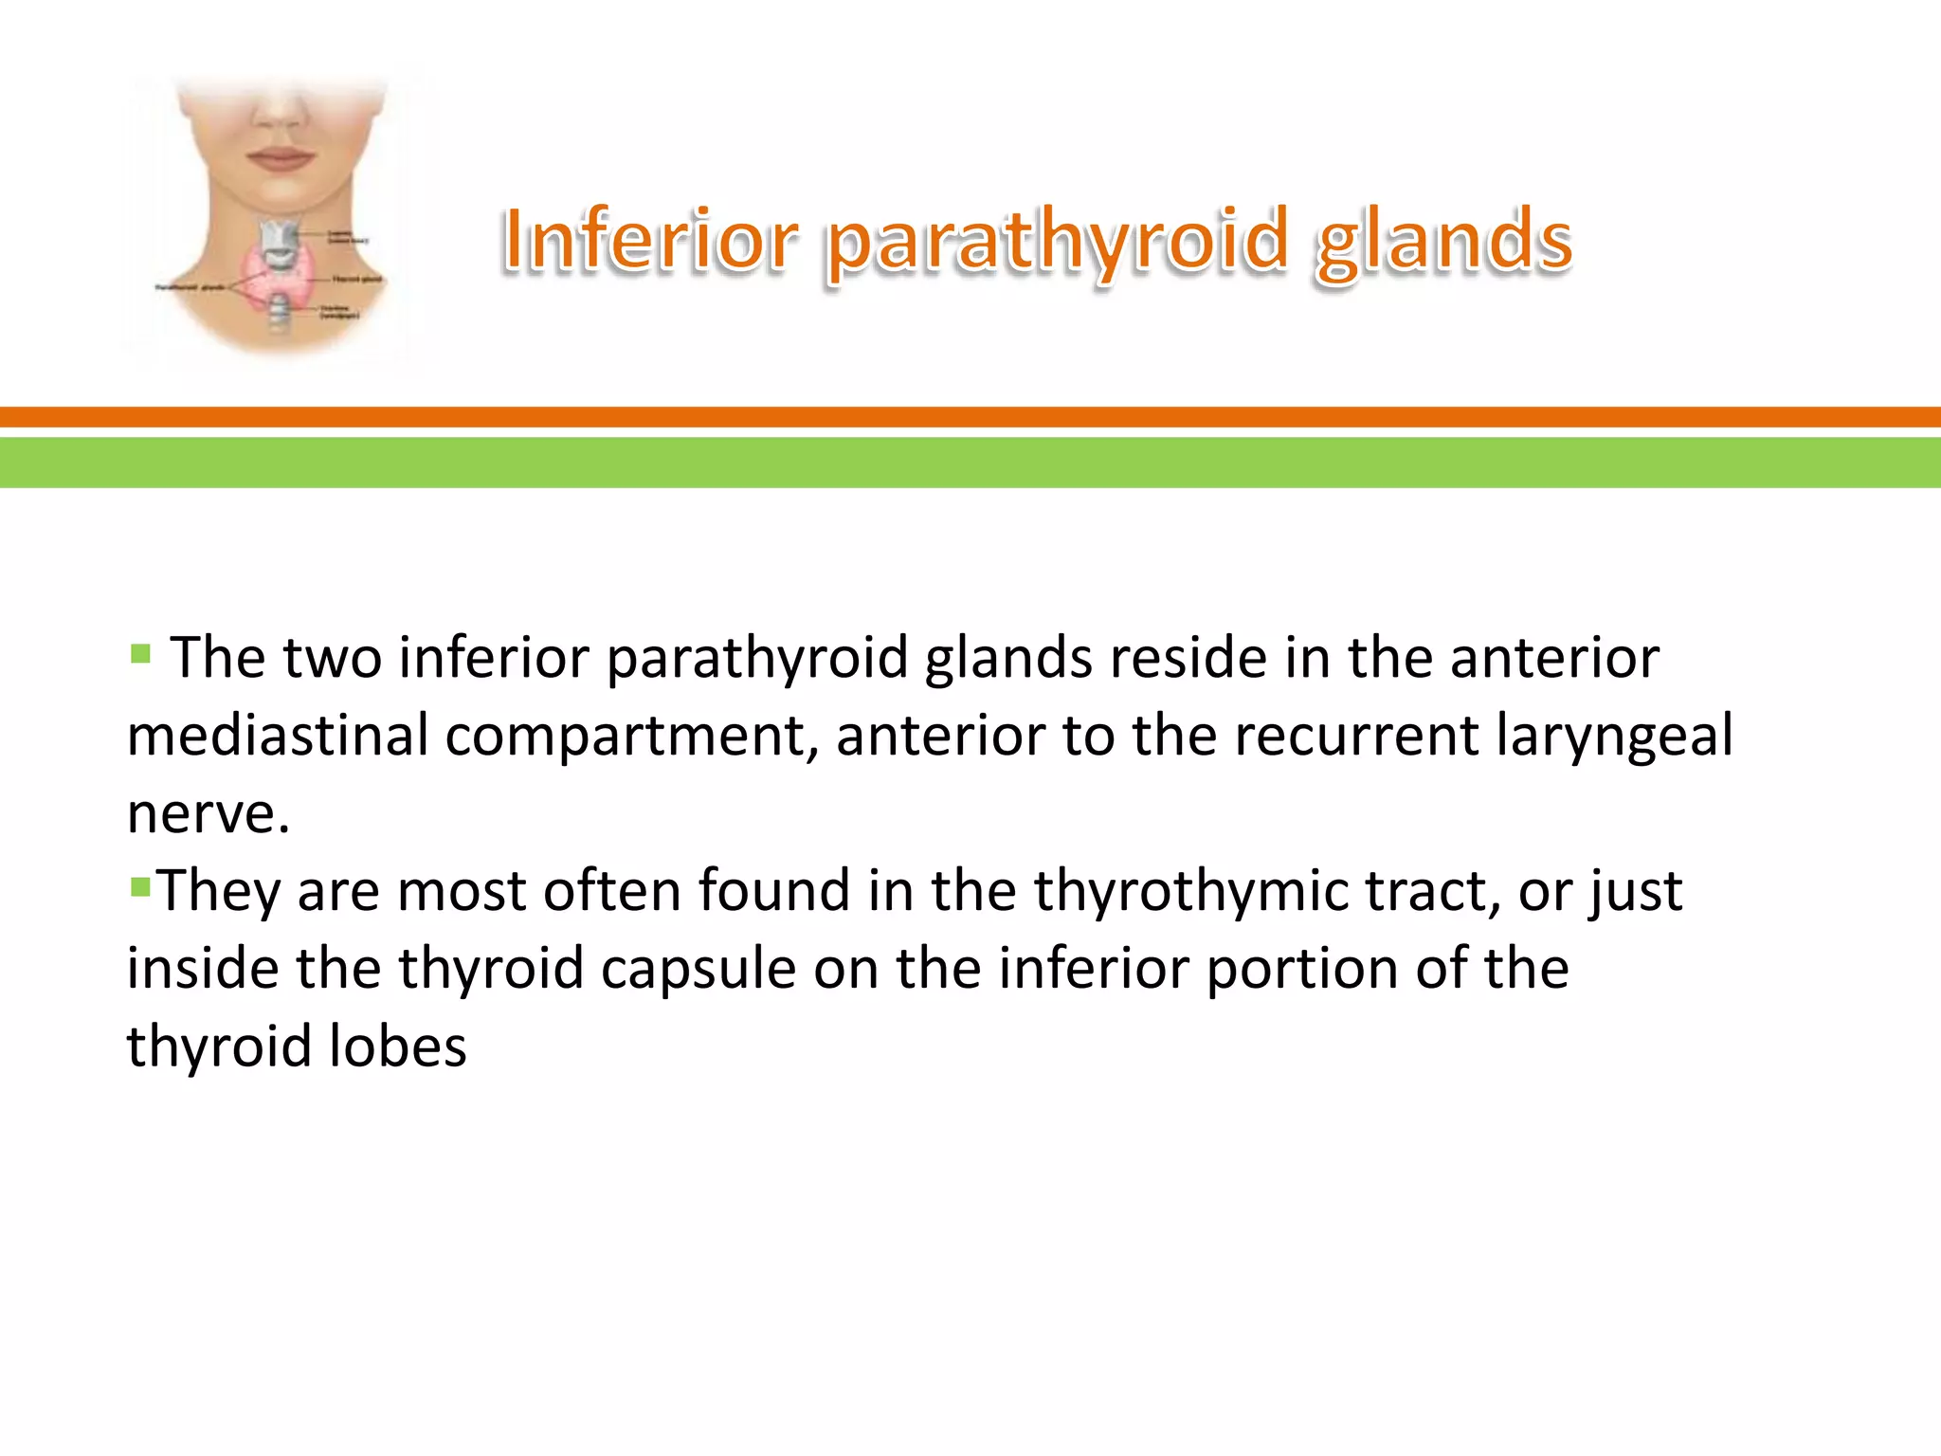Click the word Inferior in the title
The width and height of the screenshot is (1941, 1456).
click(650, 241)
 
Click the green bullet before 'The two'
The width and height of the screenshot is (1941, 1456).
click(140, 654)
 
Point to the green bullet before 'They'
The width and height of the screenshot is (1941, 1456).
click(140, 887)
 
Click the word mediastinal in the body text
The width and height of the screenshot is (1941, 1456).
click(278, 736)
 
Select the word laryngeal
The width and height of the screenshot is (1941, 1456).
click(1614, 737)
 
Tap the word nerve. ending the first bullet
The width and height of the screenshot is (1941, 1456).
click(208, 815)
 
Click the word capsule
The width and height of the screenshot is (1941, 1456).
click(698, 971)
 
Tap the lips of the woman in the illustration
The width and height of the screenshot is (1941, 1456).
click(279, 157)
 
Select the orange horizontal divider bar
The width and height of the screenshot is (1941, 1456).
click(970, 417)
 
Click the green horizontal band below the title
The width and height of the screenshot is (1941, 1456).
click(970, 463)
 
